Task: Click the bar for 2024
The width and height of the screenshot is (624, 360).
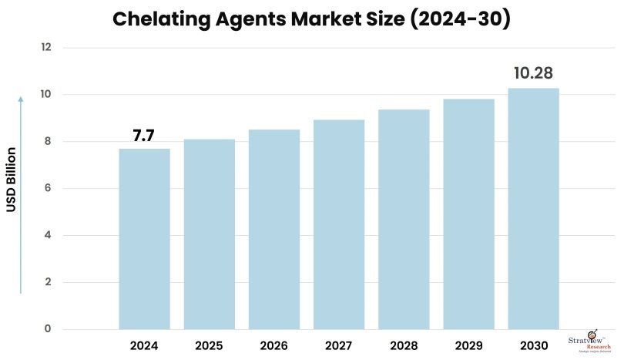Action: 144,239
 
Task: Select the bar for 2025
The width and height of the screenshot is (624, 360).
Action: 209,234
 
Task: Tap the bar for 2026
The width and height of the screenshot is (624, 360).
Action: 273,230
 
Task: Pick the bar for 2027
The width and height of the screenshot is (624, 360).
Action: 338,224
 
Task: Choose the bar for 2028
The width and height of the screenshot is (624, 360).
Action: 403,220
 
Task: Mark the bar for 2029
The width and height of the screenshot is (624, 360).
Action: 468,214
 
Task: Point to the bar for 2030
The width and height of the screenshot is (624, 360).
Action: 533,209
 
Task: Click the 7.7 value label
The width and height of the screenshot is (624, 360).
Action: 144,136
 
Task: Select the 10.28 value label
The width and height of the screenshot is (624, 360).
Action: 533,74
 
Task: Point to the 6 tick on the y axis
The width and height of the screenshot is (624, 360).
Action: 48,188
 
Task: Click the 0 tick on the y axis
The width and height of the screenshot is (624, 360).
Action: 48,329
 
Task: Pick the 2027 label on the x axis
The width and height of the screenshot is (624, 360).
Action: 338,346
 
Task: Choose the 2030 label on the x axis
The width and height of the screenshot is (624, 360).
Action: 533,346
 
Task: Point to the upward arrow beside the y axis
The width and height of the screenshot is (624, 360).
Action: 21,193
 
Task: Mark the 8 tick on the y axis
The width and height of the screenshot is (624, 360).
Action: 48,141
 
